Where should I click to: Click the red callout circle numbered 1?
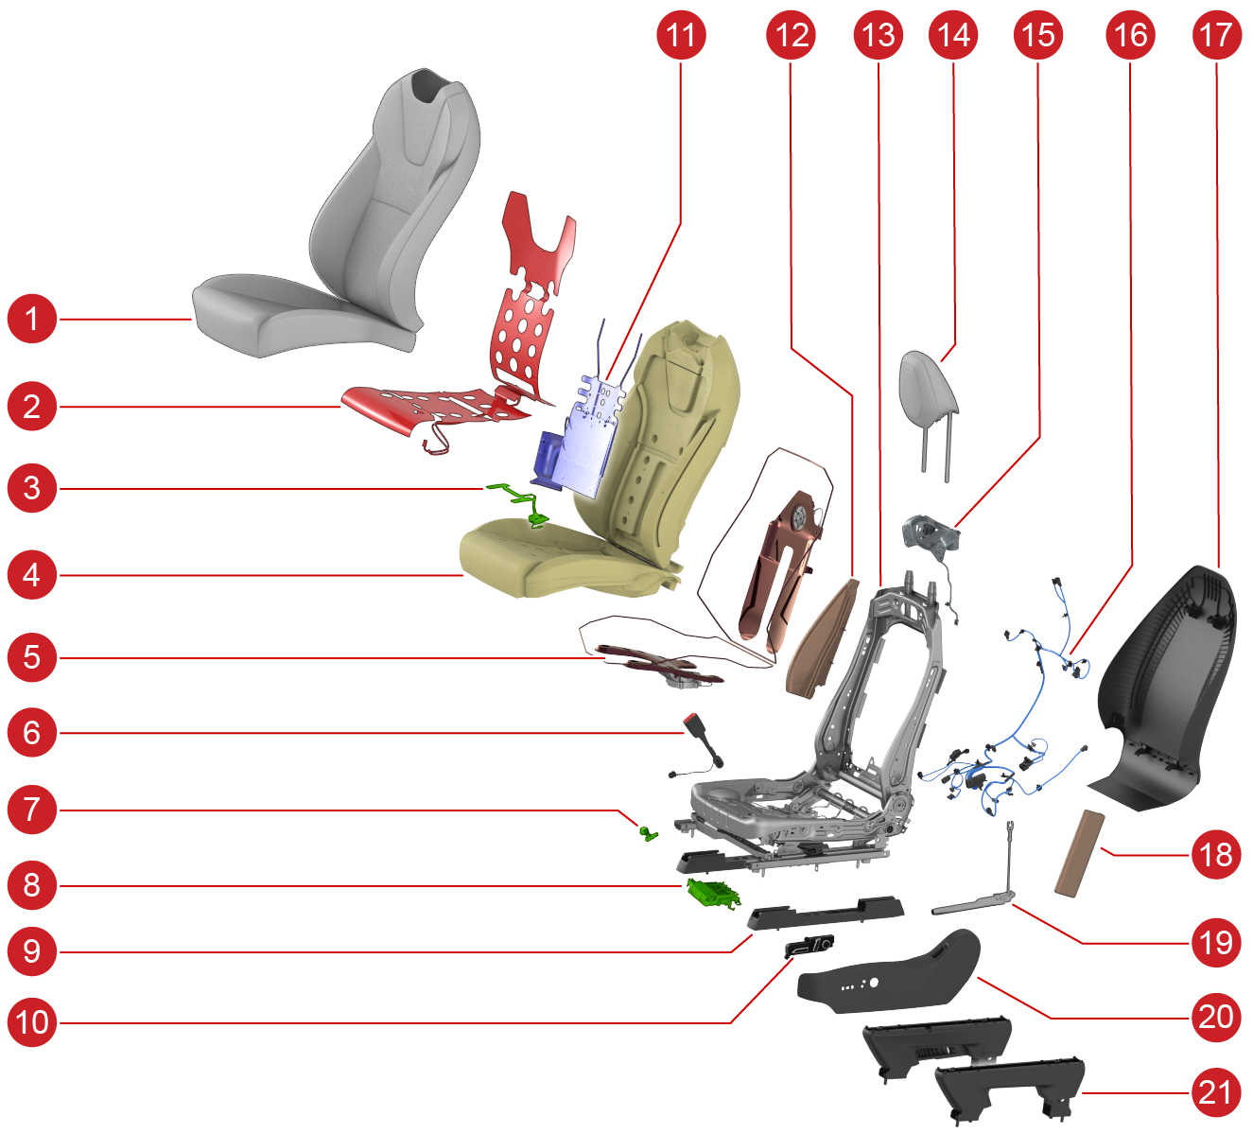tap(32, 319)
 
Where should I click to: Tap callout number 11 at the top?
tap(681, 34)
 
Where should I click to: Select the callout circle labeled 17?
tap(1216, 34)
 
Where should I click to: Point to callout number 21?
tap(1215, 1093)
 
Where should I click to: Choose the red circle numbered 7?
tap(32, 810)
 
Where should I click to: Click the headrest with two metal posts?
tap(929, 407)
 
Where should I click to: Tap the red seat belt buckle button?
tap(691, 719)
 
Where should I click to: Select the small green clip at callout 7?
tap(649, 833)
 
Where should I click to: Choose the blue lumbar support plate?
tap(578, 438)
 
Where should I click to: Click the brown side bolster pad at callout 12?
tap(822, 638)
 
